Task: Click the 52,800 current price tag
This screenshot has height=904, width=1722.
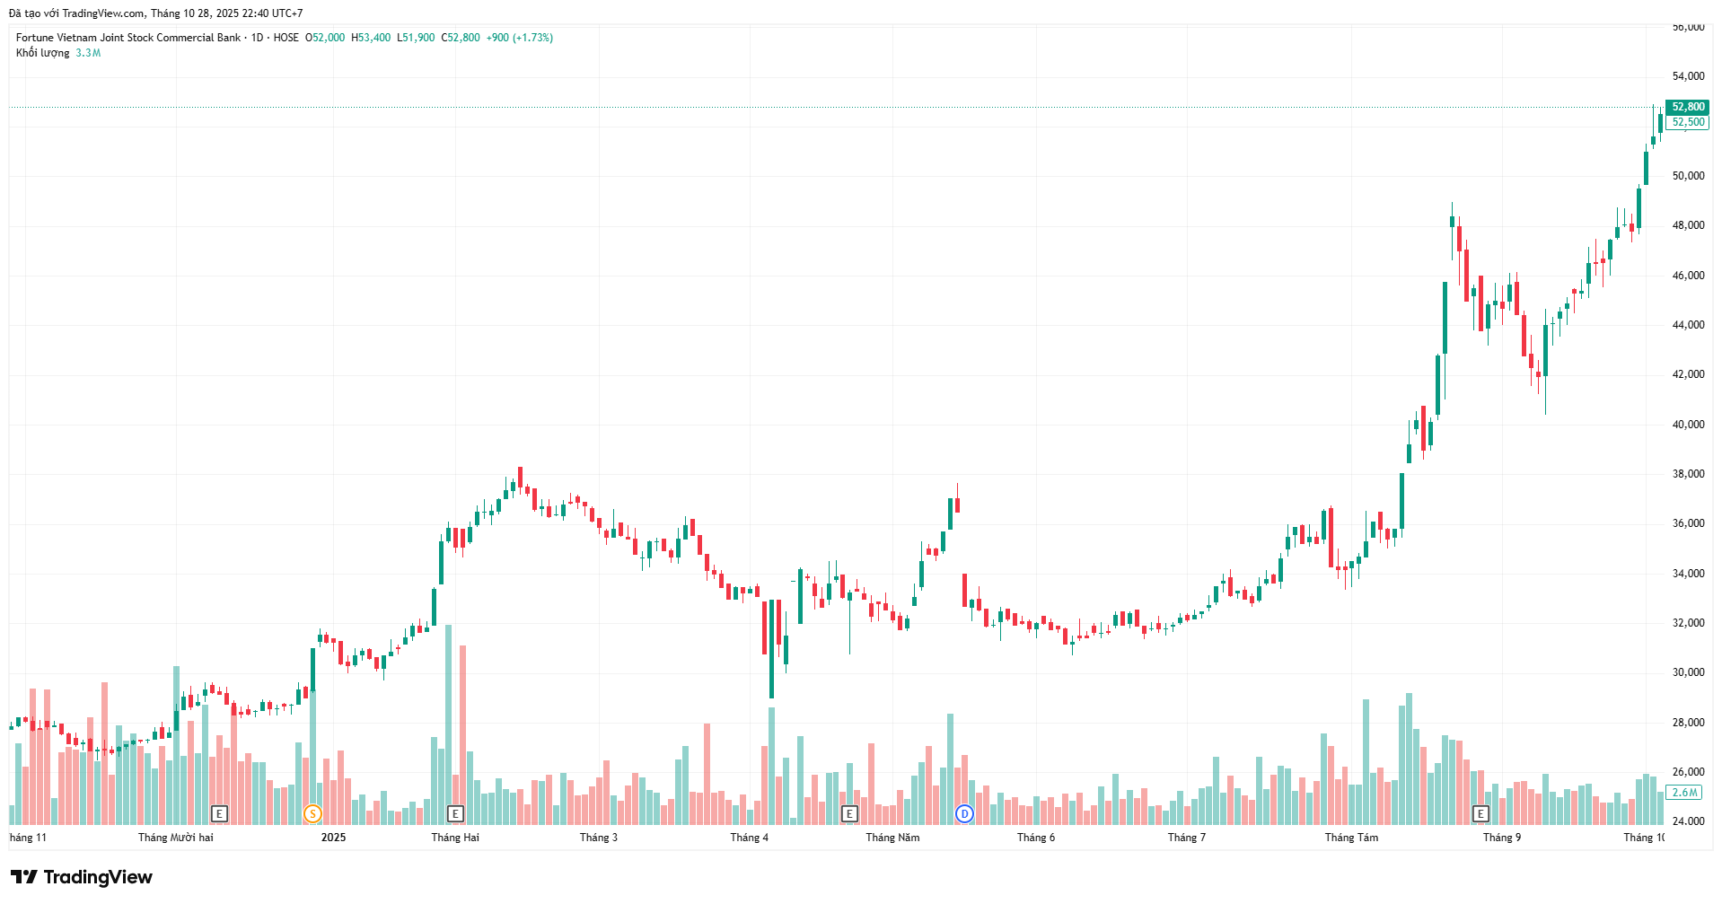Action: click(1687, 107)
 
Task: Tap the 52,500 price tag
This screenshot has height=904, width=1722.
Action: click(1687, 122)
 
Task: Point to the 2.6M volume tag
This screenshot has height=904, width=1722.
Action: click(1683, 793)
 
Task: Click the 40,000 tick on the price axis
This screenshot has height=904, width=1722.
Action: click(1688, 425)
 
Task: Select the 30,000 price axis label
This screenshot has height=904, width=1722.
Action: click(1688, 672)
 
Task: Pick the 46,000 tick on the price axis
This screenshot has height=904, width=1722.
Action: click(1688, 276)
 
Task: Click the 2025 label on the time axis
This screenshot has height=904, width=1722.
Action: click(333, 838)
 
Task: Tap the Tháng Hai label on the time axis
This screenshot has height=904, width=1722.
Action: click(455, 838)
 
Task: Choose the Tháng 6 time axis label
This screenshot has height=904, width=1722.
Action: click(1036, 838)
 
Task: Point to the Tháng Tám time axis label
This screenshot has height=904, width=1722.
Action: click(1351, 838)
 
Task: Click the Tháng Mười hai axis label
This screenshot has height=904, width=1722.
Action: click(176, 838)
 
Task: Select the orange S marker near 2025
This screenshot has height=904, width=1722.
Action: click(312, 814)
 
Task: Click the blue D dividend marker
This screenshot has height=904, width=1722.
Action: click(964, 814)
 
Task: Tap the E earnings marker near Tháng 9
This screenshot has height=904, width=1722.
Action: click(1480, 814)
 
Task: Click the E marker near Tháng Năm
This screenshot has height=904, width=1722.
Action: click(849, 814)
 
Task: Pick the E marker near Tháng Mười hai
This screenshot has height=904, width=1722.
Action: click(219, 814)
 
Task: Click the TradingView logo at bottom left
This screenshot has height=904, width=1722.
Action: click(82, 877)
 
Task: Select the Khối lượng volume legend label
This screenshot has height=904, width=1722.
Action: click(42, 53)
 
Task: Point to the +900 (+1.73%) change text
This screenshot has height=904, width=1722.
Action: click(519, 38)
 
